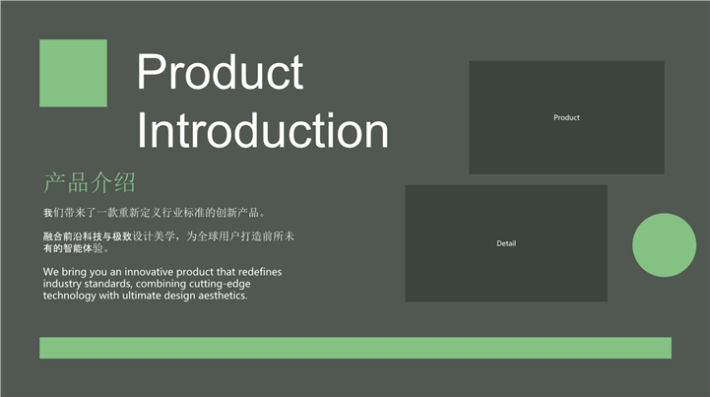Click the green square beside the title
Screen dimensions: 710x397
click(x=73, y=73)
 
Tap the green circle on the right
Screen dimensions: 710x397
click(x=665, y=245)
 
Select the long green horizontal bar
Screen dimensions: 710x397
click(x=355, y=348)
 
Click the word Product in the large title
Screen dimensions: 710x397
click(x=220, y=72)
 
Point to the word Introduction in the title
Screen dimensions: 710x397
click(x=263, y=130)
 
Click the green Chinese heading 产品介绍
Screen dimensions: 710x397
click(x=90, y=182)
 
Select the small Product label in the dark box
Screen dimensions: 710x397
click(x=566, y=117)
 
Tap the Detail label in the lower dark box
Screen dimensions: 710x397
click(x=506, y=243)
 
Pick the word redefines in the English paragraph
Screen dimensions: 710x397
click(x=260, y=272)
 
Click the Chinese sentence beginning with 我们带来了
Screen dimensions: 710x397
click(x=154, y=213)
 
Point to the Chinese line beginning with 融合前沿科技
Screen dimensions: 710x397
click(x=168, y=236)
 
